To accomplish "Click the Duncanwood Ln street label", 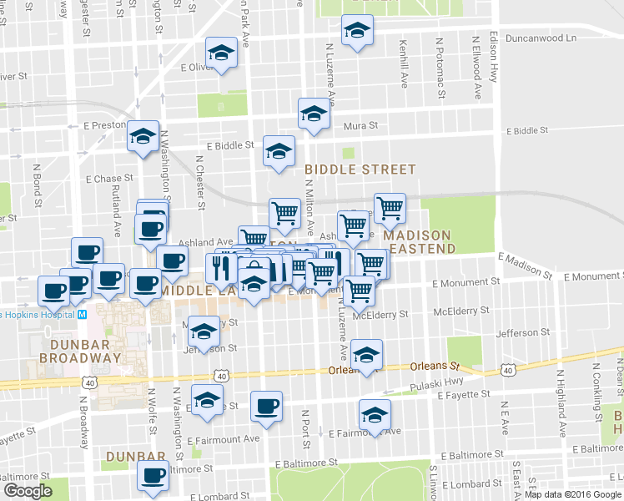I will pyautogui.click(x=546, y=38).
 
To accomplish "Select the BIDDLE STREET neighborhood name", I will pyautogui.click(x=360, y=170).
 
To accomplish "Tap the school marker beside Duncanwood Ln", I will pyautogui.click(x=358, y=32).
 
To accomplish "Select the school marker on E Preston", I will pyautogui.click(x=143, y=135).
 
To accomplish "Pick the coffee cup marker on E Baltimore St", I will pyautogui.click(x=153, y=475).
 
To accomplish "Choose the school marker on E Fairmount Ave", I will pyautogui.click(x=375, y=413).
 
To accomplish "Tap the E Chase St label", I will pyautogui.click(x=108, y=179).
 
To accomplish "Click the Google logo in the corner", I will pyautogui.click(x=28, y=491).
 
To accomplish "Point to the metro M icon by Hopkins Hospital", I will pyautogui.click(x=82, y=314).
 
